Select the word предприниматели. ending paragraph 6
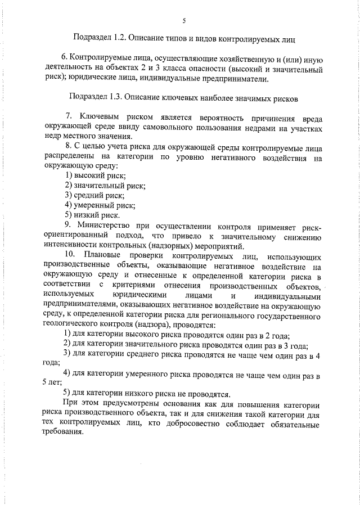pyautogui.click(x=229, y=79)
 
